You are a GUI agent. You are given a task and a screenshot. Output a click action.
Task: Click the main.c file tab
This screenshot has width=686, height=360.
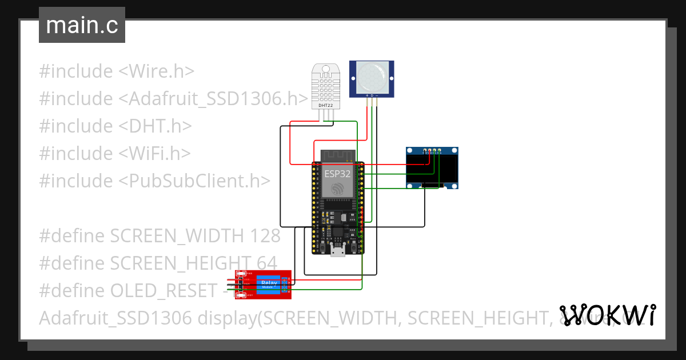click(82, 26)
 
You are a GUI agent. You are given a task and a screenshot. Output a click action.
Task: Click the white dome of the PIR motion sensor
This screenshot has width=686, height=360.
click(372, 76)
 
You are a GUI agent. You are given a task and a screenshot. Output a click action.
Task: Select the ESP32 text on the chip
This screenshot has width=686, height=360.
click(337, 174)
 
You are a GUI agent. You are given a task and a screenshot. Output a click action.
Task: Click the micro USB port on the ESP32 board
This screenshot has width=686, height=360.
click(338, 250)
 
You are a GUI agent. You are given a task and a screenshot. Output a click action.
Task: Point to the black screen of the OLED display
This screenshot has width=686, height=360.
click(432, 169)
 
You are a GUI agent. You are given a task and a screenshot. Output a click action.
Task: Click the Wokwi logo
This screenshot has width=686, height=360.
click(607, 315)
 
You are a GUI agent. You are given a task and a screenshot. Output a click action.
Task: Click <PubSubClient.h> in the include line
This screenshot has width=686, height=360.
click(194, 181)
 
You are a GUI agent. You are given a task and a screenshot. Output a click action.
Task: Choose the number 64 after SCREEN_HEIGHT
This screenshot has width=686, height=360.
click(266, 263)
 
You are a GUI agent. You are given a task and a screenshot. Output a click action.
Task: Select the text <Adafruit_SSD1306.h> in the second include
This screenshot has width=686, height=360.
click(213, 99)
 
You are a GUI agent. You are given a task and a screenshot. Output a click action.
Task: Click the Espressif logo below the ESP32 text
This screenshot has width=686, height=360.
click(337, 189)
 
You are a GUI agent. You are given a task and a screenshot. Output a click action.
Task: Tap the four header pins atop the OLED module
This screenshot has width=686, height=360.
click(432, 151)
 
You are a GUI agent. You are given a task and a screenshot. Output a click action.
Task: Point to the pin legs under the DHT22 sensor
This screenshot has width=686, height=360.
click(326, 115)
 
